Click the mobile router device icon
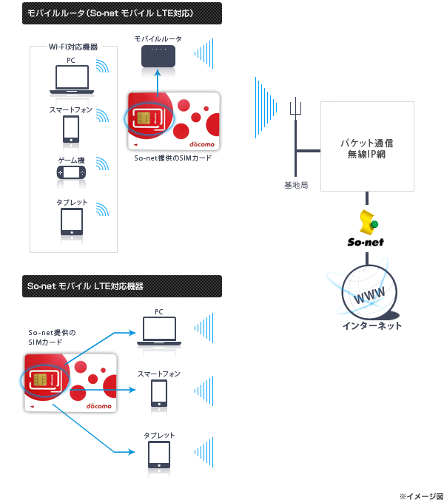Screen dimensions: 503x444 pos(158,55)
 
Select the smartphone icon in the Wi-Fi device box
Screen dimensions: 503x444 pos(71,129)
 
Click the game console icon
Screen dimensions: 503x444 pos(72,172)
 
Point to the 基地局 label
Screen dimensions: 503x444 pos(296,183)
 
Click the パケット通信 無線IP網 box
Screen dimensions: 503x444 pos(366,146)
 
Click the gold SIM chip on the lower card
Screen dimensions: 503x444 pos(41,379)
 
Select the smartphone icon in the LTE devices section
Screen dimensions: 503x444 pos(159,393)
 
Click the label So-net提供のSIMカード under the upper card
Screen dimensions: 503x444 pos(173,158)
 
